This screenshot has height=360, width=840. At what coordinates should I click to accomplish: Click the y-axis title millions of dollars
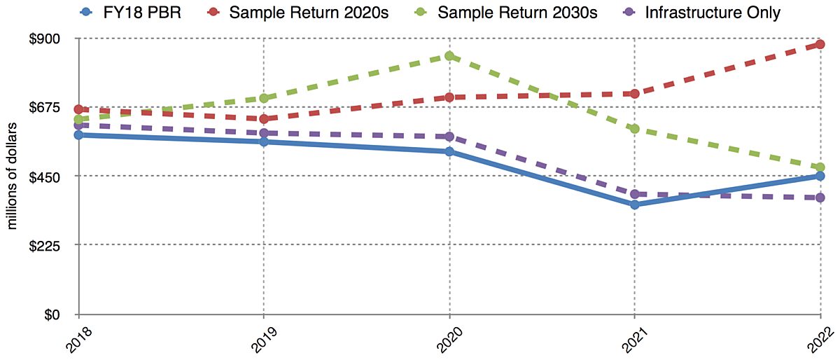[12, 175]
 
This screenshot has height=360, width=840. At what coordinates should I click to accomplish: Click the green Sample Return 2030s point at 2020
[449, 56]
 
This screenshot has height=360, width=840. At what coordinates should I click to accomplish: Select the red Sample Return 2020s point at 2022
[820, 45]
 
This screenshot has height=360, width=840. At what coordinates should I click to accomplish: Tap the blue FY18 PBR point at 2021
[634, 205]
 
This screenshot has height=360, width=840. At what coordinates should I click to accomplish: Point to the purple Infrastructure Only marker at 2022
[820, 198]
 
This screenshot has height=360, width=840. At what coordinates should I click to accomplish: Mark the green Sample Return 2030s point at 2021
[634, 129]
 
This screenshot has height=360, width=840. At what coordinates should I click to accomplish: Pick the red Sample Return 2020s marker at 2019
[263, 118]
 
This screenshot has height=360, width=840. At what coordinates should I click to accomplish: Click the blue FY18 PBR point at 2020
[449, 151]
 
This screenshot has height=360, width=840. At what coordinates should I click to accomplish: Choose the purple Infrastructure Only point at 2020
[449, 137]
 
